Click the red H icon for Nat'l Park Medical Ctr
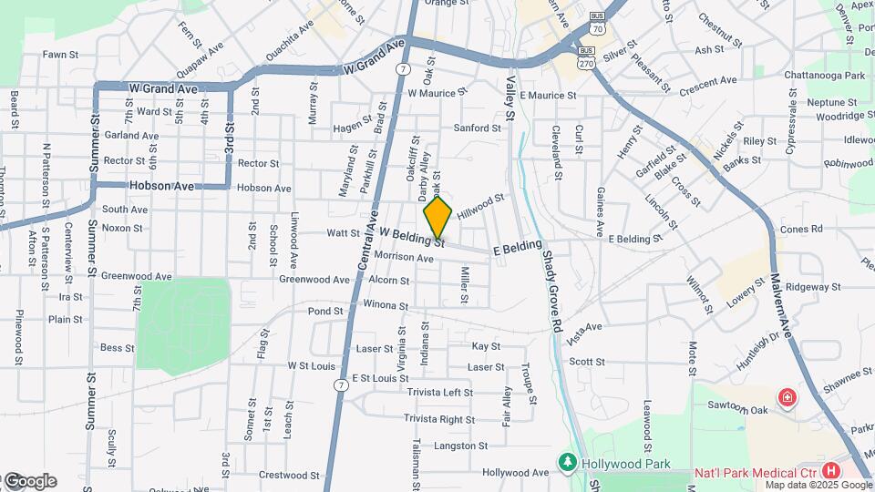pyautogui.click(x=830, y=471)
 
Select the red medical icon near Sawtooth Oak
pyautogui.click(x=785, y=398)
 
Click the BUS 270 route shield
pyautogui.click(x=587, y=56)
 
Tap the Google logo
pyautogui.click(x=29, y=481)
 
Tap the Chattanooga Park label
pyautogui.click(x=828, y=75)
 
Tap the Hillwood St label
pyautogui.click(x=480, y=204)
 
